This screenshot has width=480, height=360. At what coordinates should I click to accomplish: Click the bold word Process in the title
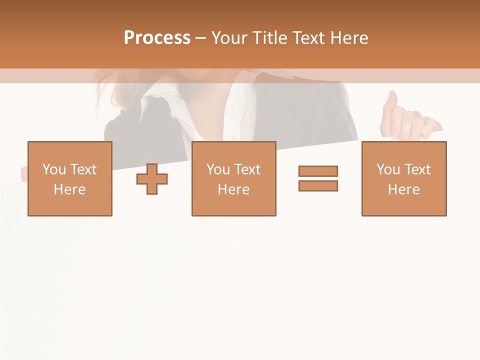tap(157, 38)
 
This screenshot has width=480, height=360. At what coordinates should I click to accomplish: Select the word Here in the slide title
tap(349, 38)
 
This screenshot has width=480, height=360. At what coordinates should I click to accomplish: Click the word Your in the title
tap(230, 38)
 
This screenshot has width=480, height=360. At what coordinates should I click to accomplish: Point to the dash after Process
tap(201, 38)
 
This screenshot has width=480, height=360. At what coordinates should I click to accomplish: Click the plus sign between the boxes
tap(152, 179)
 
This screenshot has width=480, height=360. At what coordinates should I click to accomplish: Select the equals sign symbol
tap(318, 178)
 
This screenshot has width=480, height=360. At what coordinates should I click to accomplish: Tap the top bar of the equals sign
tap(318, 171)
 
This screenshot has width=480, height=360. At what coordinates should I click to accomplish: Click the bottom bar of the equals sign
tap(318, 186)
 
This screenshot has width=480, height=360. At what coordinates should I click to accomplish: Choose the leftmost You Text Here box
tap(70, 178)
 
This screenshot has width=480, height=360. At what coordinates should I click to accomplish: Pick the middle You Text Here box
tap(234, 178)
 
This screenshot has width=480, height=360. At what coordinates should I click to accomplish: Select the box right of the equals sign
tap(404, 178)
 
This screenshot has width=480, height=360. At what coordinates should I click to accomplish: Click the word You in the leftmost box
tap(53, 169)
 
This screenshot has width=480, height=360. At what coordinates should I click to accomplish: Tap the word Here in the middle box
tap(234, 189)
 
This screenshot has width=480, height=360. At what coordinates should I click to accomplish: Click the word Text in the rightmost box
tap(417, 169)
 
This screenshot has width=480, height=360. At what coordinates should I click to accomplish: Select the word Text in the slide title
tap(308, 38)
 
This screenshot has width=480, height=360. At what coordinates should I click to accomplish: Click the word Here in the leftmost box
tap(70, 189)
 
